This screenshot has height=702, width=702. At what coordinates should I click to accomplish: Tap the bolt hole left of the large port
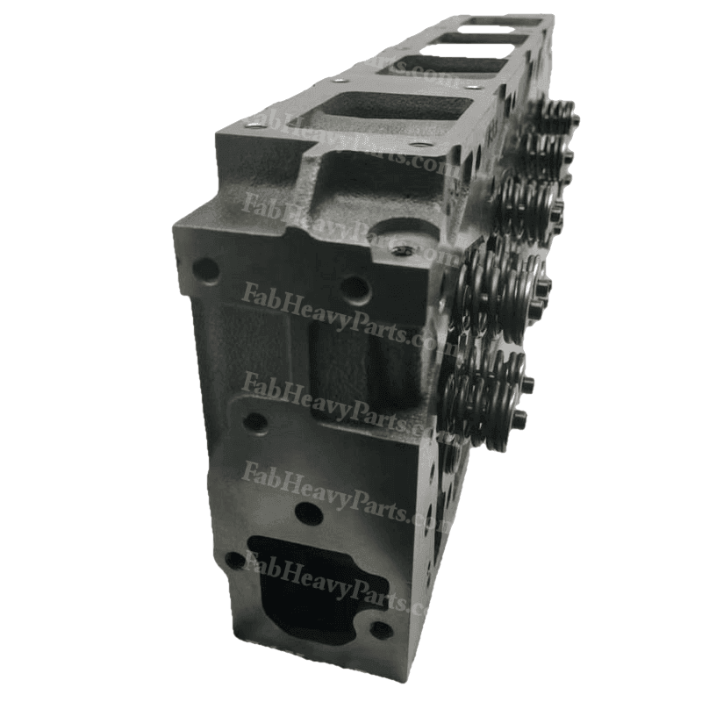(233, 559)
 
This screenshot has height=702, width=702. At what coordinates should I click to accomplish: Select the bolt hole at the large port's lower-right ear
(380, 628)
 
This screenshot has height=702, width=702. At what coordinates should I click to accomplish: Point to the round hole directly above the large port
(308, 513)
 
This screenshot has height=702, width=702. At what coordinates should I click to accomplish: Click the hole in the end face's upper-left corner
(205, 269)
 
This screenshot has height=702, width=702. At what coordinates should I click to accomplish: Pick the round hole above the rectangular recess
(355, 286)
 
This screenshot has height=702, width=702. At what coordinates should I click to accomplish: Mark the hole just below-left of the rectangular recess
(255, 421)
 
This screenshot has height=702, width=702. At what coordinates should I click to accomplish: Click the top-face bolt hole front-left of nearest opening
(255, 125)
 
